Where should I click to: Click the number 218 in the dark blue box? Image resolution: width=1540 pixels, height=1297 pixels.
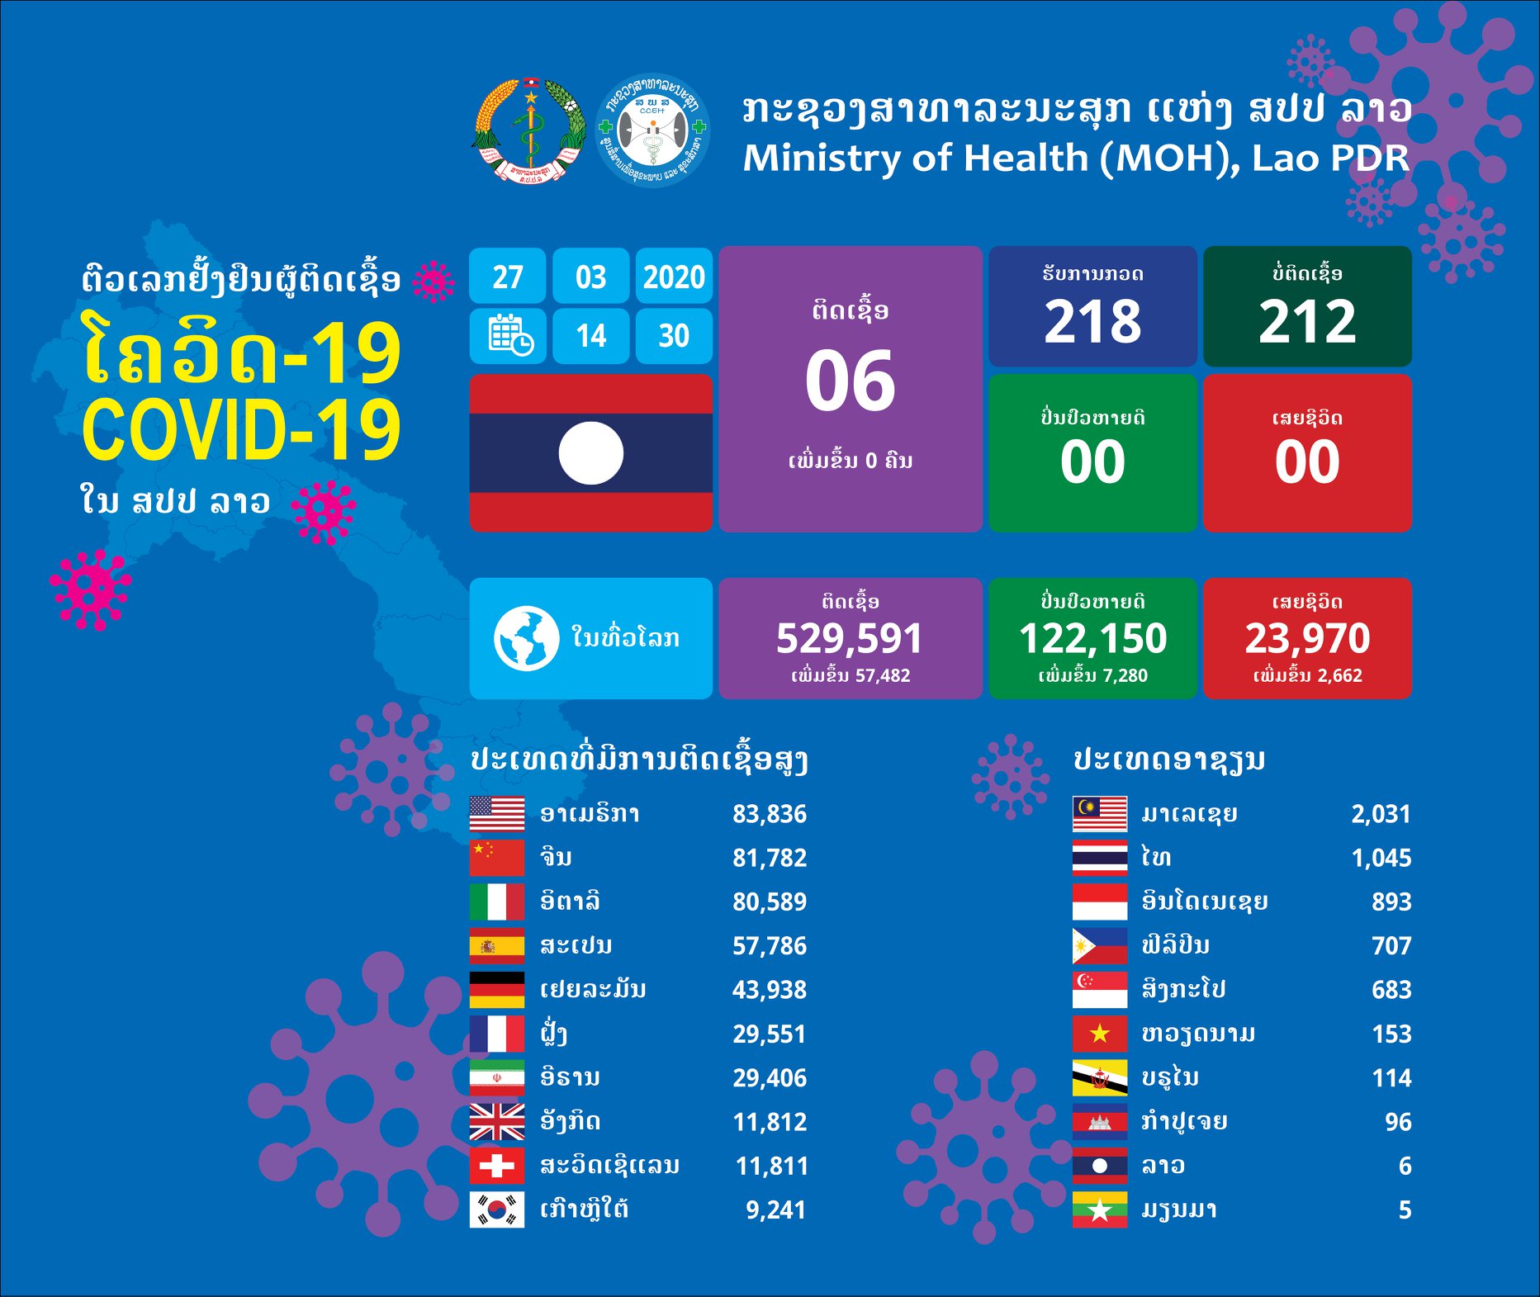point(1092,321)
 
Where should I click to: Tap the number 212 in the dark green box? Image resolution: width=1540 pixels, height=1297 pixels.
point(1307,321)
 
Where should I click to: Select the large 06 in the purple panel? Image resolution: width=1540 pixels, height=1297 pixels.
point(850,381)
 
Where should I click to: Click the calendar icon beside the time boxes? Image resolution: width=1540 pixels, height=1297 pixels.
point(509,335)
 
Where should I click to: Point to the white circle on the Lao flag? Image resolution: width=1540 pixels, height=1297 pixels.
point(590,453)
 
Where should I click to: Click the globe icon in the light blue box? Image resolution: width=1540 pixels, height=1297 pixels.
point(526,638)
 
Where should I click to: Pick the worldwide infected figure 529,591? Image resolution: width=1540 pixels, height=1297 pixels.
point(849,638)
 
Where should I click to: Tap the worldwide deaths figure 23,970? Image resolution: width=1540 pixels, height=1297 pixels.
point(1307,638)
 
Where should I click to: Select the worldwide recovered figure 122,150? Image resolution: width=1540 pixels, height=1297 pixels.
point(1092,638)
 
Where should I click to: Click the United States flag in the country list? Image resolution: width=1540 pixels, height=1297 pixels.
point(496,813)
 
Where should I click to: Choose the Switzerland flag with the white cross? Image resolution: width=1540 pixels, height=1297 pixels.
point(496,1166)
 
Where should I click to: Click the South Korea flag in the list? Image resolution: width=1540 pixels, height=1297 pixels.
point(496,1209)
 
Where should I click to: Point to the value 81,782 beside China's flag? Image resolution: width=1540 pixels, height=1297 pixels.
point(769,858)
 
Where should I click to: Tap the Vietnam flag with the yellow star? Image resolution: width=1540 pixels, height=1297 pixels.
point(1099,1034)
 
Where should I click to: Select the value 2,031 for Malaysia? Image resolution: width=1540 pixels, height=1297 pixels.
point(1381,813)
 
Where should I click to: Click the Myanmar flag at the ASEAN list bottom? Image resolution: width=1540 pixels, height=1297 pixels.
point(1099,1209)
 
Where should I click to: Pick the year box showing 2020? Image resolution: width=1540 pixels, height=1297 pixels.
point(674,277)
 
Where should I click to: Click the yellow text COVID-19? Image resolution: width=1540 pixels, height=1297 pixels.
point(240,431)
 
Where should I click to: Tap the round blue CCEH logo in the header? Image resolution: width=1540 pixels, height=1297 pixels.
point(652,131)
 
